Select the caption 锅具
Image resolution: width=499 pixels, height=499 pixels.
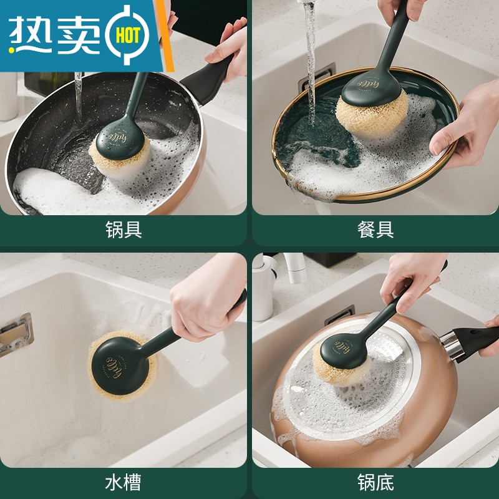click(x=124, y=230)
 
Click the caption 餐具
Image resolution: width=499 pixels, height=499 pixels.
click(x=375, y=230)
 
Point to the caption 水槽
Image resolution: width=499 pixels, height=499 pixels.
click(x=124, y=482)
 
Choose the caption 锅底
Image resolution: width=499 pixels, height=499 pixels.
click(x=375, y=482)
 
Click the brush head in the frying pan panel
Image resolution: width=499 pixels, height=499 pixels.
click(x=119, y=150)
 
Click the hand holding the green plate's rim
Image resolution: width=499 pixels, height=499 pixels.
click(x=465, y=125)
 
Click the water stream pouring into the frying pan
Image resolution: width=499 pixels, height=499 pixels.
click(x=79, y=94)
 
